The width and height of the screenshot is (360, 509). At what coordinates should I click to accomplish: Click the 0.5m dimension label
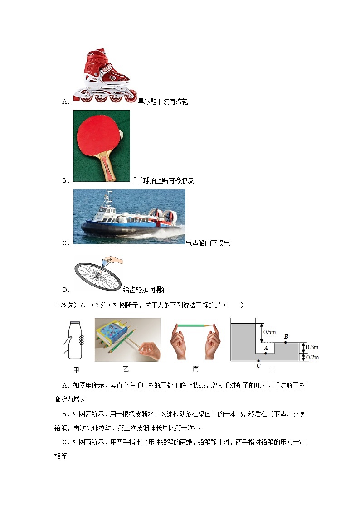tap(270, 332)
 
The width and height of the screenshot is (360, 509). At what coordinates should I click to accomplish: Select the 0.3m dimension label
tap(312, 347)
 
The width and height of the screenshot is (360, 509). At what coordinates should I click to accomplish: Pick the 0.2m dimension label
tap(312, 357)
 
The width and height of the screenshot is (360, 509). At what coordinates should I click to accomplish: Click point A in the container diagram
tap(266, 353)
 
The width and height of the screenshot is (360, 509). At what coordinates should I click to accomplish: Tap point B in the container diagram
tap(286, 342)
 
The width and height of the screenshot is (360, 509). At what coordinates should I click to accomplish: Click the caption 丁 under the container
tap(272, 370)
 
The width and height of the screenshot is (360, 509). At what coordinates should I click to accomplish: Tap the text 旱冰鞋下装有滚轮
tap(156, 102)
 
